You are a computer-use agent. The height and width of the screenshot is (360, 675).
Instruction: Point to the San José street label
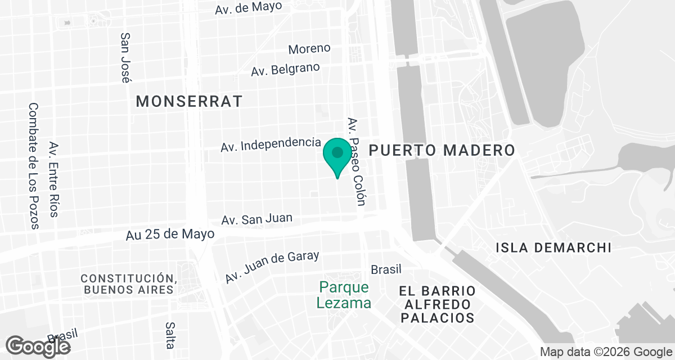click(127, 57)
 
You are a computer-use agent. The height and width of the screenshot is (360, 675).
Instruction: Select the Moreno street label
click(309, 49)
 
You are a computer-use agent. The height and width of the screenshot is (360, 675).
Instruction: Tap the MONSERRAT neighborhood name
click(190, 101)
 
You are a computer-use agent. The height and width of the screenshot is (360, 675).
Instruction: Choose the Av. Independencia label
click(271, 144)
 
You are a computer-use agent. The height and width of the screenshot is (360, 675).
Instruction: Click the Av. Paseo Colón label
click(357, 161)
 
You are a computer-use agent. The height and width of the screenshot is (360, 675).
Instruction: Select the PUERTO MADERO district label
click(442, 150)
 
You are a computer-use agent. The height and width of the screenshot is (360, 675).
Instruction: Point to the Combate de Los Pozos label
click(34, 166)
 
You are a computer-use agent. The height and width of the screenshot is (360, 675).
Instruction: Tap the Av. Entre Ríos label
click(54, 179)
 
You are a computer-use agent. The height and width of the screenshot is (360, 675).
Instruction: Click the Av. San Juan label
click(256, 219)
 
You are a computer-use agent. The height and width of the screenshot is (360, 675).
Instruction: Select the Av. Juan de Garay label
click(272, 267)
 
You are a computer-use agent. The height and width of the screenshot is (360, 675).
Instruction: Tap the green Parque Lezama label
click(344, 295)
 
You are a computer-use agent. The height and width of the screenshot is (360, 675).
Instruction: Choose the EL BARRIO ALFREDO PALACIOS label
click(437, 304)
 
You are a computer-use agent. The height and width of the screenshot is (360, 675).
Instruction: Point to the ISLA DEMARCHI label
click(553, 247)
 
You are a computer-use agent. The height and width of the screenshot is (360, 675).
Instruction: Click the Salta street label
click(170, 335)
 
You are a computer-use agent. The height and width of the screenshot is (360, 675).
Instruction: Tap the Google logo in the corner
click(38, 346)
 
